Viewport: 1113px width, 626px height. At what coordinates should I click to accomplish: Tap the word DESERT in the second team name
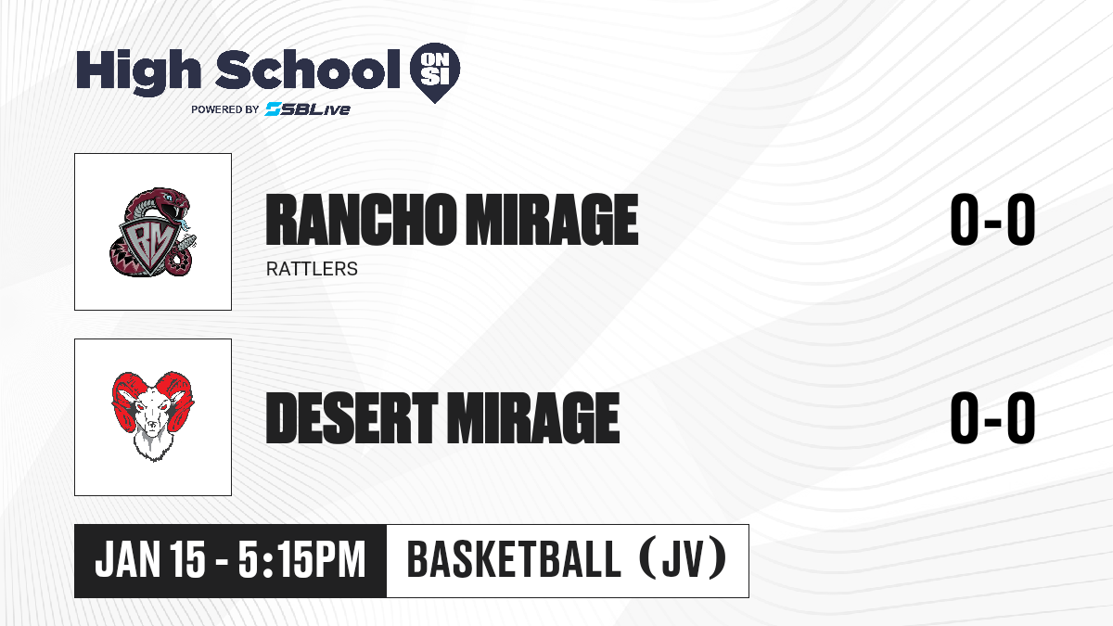click(x=352, y=418)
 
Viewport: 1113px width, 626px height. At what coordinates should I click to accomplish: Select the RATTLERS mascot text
click(x=312, y=269)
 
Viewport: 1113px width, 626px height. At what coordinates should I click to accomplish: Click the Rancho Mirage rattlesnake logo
click(x=152, y=232)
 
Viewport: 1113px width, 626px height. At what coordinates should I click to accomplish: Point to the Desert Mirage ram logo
click(x=152, y=416)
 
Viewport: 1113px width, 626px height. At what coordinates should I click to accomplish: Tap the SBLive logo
click(x=307, y=109)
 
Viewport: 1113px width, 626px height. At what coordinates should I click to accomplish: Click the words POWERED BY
click(x=225, y=109)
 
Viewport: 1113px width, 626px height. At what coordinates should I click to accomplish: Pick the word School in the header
click(x=308, y=70)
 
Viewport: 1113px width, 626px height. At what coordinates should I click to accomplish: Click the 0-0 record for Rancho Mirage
click(x=992, y=220)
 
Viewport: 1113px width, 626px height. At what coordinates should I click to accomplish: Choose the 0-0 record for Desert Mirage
click(x=992, y=417)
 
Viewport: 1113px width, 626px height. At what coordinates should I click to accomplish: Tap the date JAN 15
click(x=150, y=559)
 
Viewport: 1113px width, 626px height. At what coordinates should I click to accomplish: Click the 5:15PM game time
click(x=301, y=559)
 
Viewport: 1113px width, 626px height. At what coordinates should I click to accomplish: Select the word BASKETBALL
click(x=514, y=559)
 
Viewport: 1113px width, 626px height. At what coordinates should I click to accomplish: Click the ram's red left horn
click(x=125, y=398)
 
